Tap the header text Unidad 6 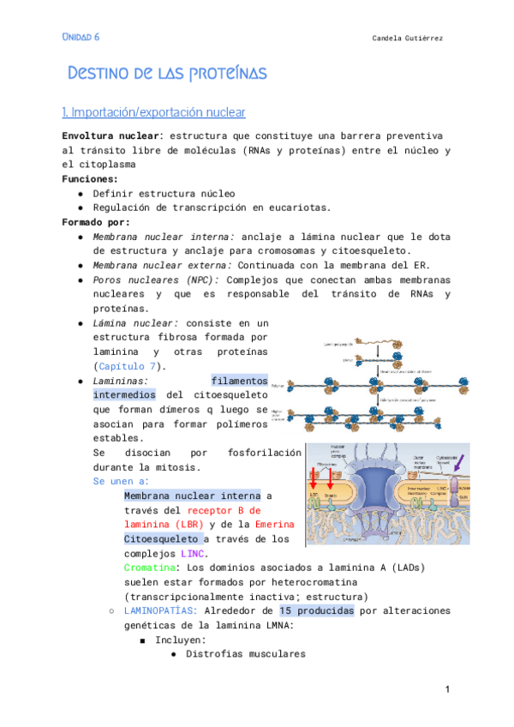81,37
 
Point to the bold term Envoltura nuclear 111,136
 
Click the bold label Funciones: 90,179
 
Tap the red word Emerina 275,525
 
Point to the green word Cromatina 152,568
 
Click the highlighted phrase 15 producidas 315,611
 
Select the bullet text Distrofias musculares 245,654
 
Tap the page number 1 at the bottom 447,690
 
